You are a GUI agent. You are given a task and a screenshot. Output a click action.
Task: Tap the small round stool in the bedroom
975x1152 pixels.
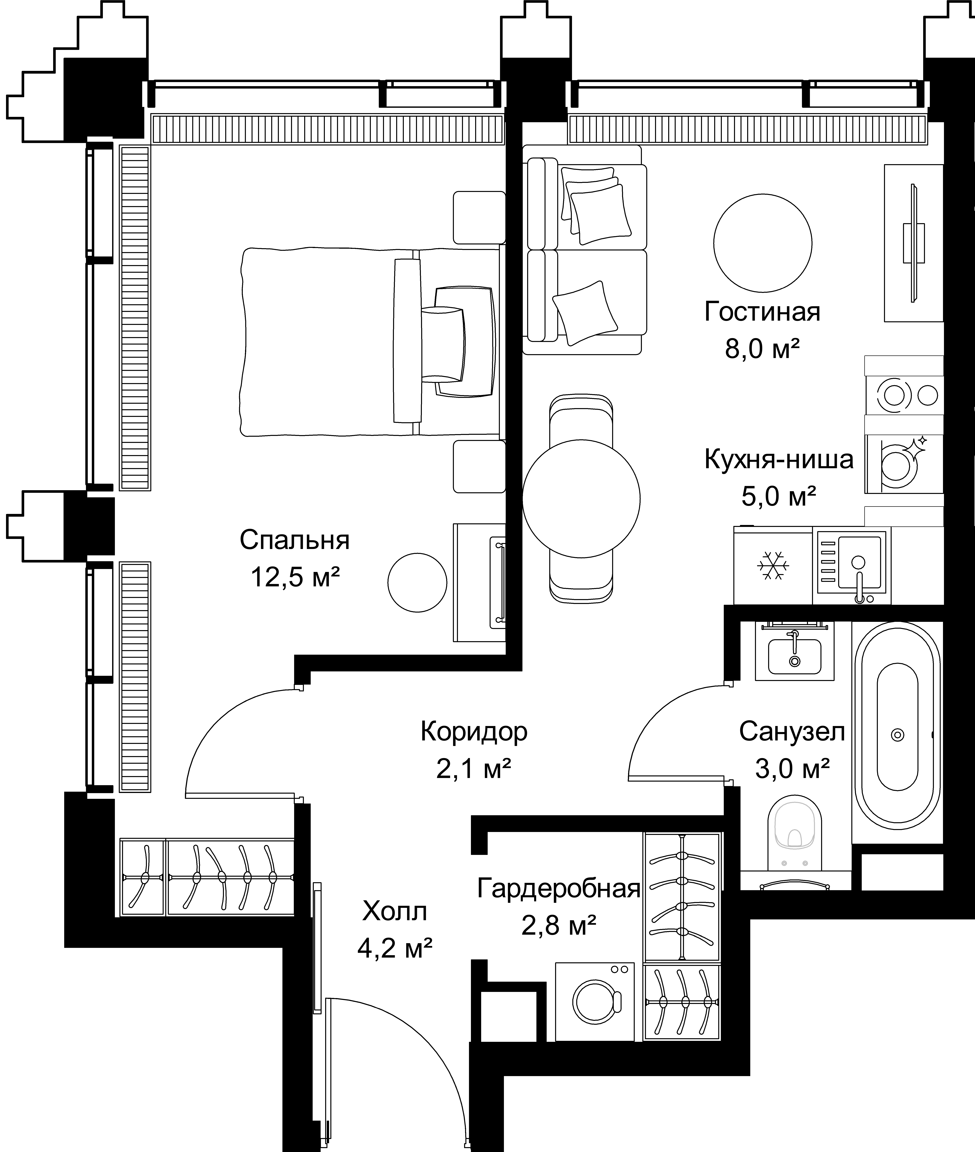point(417,583)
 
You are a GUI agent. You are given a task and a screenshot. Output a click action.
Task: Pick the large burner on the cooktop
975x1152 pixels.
point(894,395)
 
